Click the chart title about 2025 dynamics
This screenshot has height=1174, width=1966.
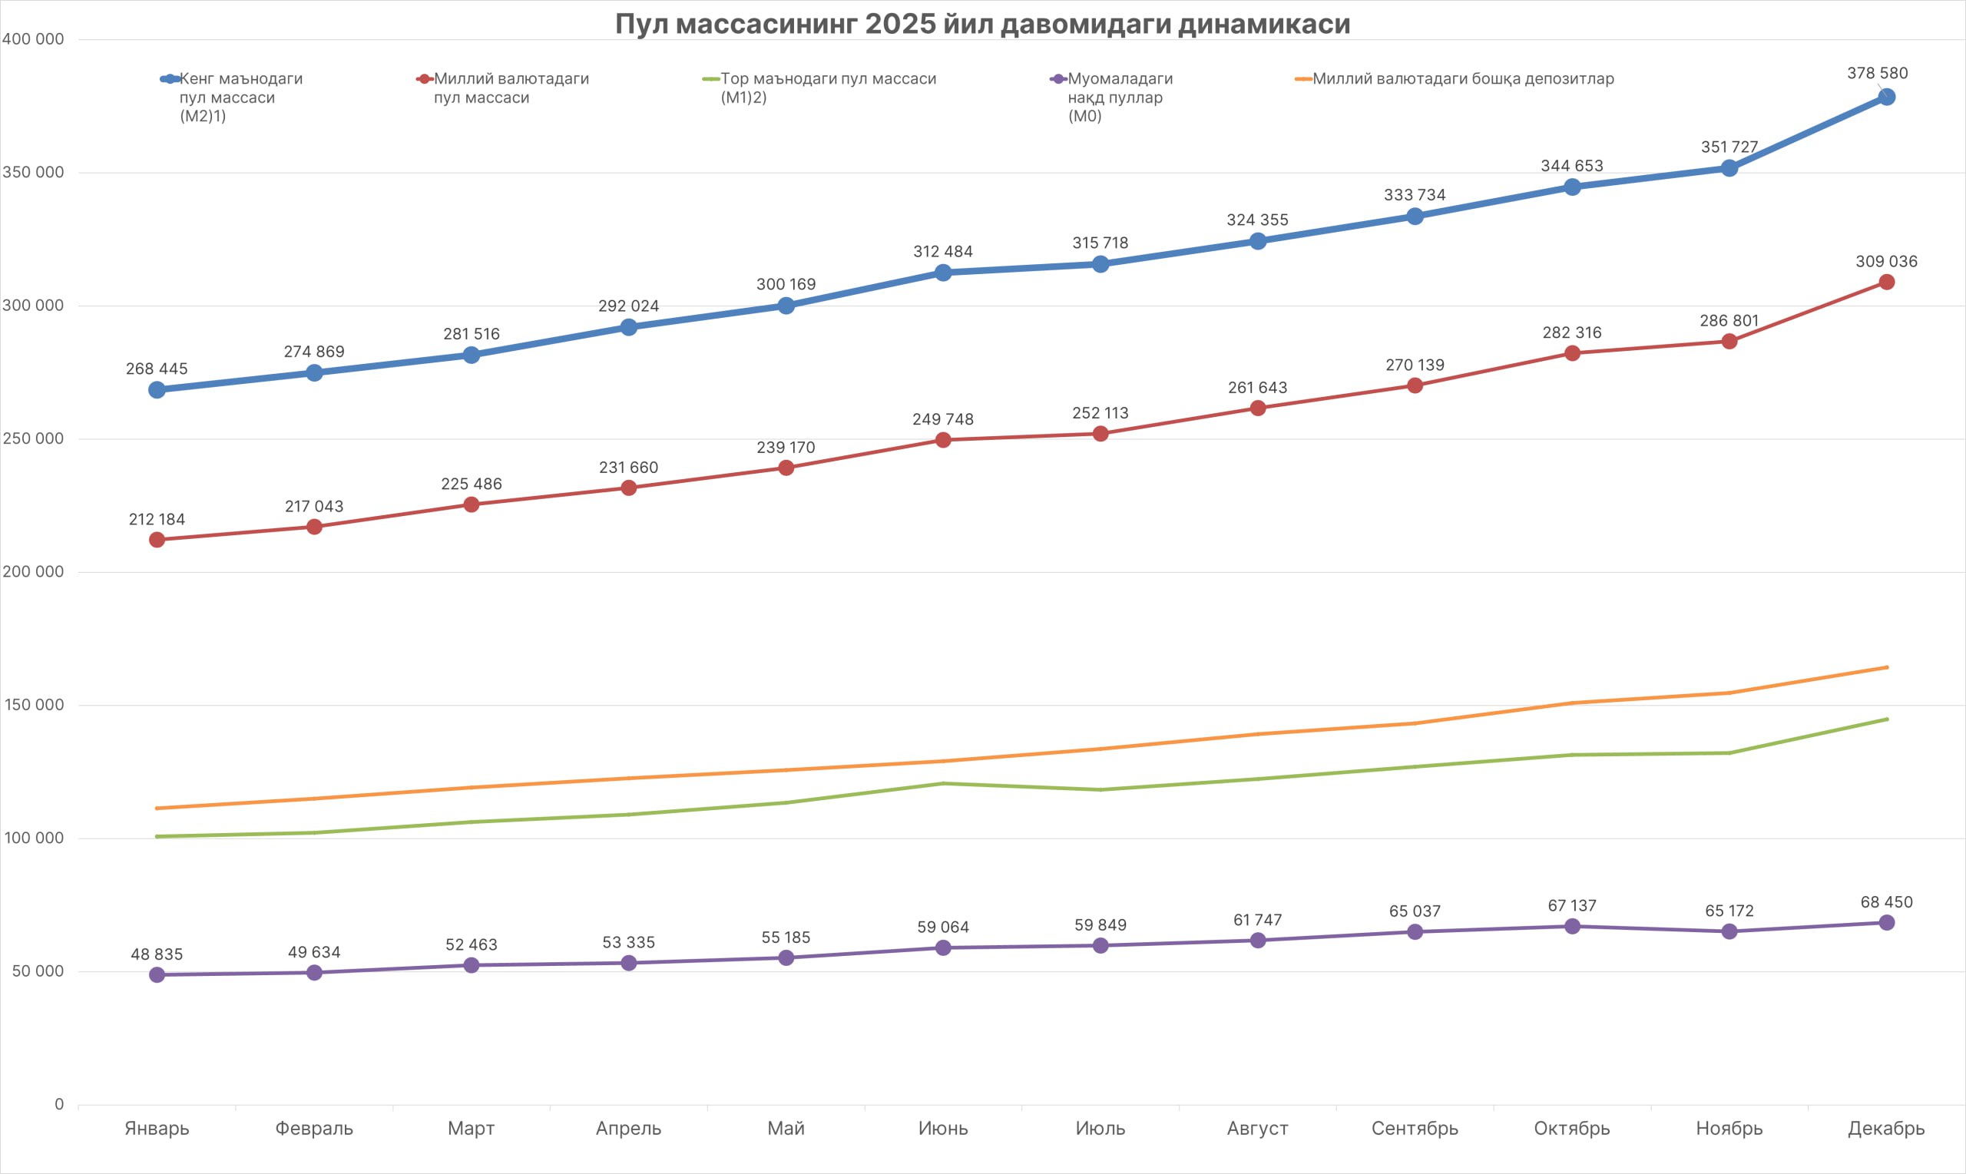point(982,24)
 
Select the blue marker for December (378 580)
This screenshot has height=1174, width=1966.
point(1886,97)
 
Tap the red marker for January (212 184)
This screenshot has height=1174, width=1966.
point(157,540)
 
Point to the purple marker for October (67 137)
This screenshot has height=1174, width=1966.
point(1572,925)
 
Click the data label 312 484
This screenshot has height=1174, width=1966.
point(942,252)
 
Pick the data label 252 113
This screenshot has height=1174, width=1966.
point(1100,413)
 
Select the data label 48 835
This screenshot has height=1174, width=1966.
point(157,954)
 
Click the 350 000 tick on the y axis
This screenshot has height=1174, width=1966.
point(33,173)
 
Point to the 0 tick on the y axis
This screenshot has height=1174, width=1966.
point(58,1104)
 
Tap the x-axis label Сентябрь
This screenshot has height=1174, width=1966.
point(1415,1128)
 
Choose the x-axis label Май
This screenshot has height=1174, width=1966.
point(786,1128)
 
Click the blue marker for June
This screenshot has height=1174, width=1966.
point(942,272)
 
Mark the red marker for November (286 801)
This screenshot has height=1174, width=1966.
point(1729,341)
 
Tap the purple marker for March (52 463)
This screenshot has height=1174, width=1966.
point(471,965)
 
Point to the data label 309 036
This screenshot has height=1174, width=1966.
point(1886,261)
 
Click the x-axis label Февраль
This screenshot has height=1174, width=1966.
point(314,1128)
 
